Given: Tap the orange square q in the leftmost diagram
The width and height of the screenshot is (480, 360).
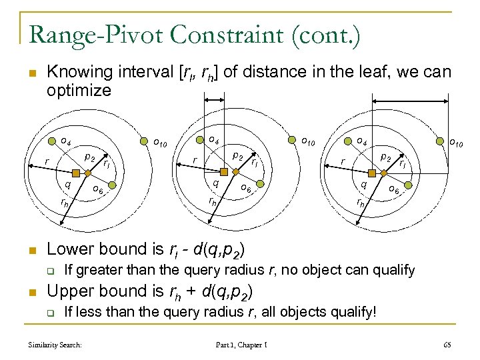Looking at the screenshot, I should pyautogui.click(x=77, y=173).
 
